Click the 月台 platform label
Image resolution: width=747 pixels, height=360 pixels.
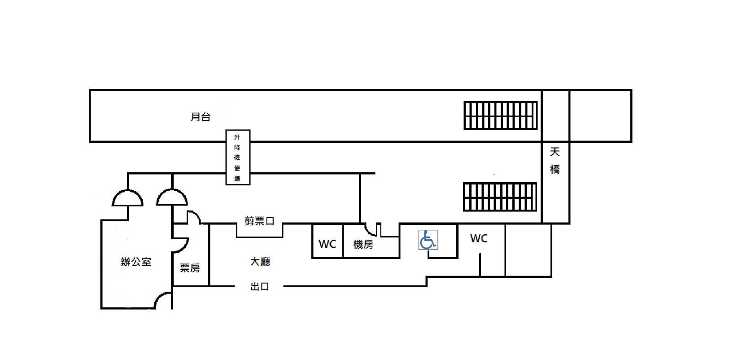point(201,117)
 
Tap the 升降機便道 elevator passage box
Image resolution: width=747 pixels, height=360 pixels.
point(237,157)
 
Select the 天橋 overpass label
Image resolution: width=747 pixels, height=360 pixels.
point(555,161)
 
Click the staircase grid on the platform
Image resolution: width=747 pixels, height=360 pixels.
point(500,115)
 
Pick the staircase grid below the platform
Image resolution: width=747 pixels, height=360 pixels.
point(500,197)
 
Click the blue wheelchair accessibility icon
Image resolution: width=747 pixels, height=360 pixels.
point(428,239)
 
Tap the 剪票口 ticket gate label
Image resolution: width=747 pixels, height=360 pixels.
point(259,221)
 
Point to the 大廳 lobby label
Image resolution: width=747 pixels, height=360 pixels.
point(260,261)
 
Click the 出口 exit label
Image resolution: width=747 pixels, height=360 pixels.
point(260,286)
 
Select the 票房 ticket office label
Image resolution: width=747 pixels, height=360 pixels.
point(190,268)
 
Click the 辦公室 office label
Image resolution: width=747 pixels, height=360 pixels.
point(136,262)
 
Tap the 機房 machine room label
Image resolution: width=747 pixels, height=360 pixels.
point(363,244)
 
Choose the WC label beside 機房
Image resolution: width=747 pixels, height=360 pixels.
point(327,244)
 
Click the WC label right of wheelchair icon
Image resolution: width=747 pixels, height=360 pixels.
point(479,238)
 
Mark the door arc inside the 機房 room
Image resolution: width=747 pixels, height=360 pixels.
point(371,229)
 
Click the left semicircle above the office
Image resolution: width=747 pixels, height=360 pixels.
point(127,198)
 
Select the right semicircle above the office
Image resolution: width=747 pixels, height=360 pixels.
point(172,198)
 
